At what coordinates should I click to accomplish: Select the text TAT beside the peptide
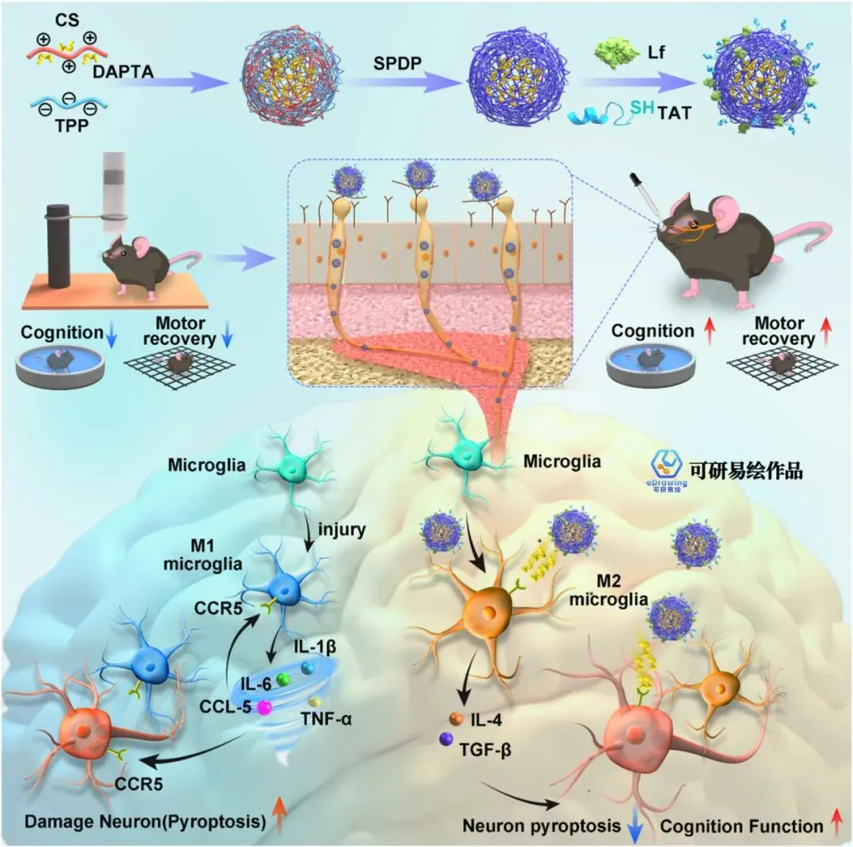675,114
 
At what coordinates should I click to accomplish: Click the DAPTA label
123,72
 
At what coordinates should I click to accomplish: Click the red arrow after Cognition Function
836,826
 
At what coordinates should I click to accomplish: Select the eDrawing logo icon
668,465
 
